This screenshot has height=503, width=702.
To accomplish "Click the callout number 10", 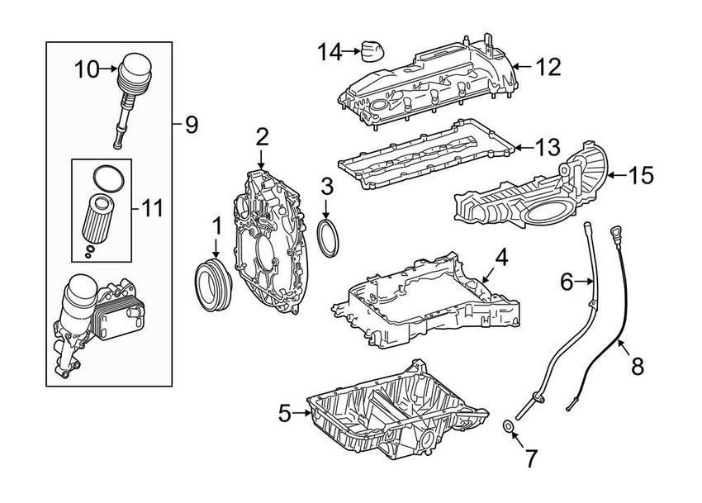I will (x=86, y=69).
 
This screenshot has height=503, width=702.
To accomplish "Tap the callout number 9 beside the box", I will (x=191, y=125).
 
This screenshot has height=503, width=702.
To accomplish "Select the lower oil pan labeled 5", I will (x=388, y=413).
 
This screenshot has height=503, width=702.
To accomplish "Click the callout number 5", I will (x=284, y=413).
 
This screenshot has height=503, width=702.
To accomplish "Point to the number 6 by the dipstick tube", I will (x=567, y=282).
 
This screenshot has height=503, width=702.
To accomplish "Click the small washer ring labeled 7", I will (x=510, y=426).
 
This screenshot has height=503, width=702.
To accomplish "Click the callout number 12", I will (x=547, y=66).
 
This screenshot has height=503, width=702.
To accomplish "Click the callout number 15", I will (x=641, y=174).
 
